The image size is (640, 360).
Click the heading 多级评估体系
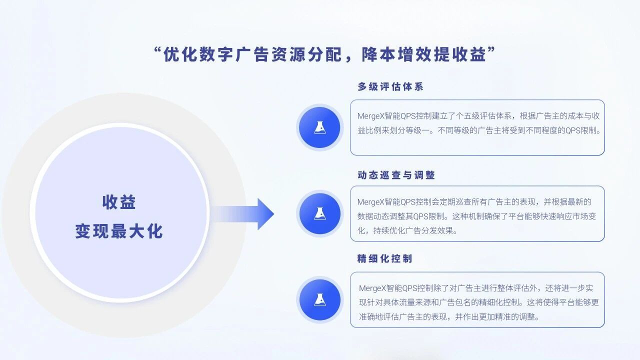coord(390,86)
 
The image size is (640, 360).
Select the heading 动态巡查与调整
coord(396,175)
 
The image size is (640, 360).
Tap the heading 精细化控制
coord(384,258)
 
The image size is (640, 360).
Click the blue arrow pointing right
coord(243,214)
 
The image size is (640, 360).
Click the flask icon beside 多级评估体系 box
coord(319,127)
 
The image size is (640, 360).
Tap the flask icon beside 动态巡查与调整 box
coord(319,213)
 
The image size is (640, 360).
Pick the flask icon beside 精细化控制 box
coord(319,299)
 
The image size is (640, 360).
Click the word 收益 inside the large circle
coord(119,202)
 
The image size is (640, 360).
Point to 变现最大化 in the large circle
coord(119,231)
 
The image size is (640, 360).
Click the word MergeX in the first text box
coord(371,116)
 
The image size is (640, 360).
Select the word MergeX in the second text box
coord(371,202)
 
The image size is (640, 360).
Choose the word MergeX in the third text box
coord(372,288)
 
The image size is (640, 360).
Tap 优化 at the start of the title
coord(180,54)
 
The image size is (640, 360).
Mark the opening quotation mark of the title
coord(157,50)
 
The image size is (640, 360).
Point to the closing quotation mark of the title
coord(491,50)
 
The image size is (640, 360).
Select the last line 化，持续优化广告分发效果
coord(407,230)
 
